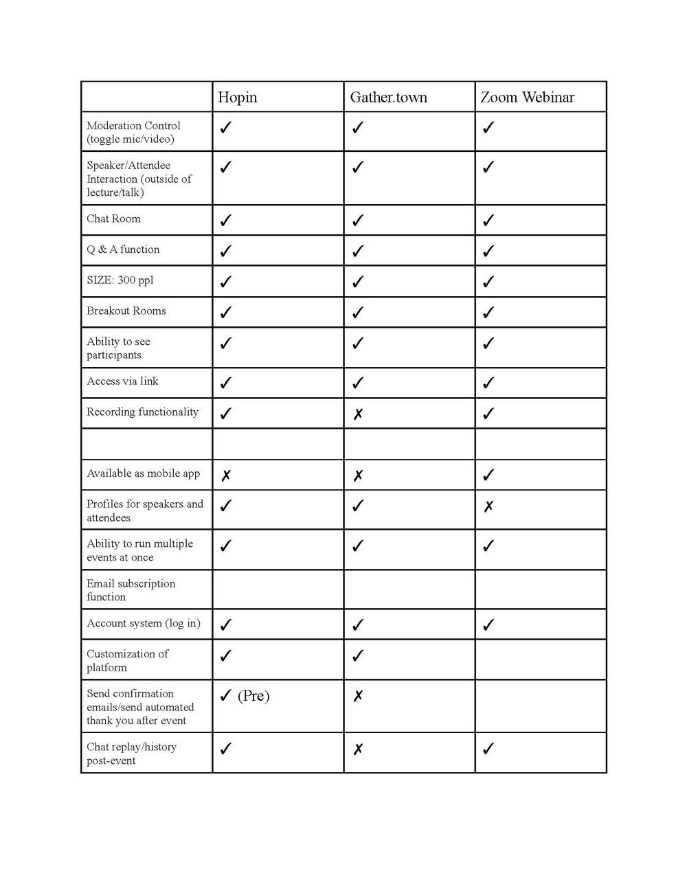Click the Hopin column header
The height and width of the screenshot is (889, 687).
(x=238, y=98)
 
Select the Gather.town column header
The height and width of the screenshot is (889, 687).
(x=388, y=98)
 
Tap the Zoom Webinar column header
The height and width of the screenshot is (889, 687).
(x=527, y=98)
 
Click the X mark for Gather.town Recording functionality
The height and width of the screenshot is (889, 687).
(x=358, y=414)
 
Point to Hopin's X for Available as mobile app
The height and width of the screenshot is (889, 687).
(x=226, y=475)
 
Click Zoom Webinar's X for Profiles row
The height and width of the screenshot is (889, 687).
(x=488, y=507)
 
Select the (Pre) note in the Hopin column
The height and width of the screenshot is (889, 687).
(x=254, y=696)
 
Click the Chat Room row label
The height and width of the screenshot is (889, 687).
(x=113, y=219)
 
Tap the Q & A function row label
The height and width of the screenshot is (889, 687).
(x=123, y=249)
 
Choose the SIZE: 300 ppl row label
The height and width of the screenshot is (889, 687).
(x=120, y=280)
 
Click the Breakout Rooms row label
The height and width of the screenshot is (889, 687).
(x=126, y=311)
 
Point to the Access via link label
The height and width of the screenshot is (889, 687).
(x=122, y=381)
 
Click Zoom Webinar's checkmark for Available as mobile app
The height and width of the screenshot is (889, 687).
(x=488, y=475)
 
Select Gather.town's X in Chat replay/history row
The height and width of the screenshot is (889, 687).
(x=358, y=750)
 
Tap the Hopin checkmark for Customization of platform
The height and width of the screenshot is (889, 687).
(x=225, y=655)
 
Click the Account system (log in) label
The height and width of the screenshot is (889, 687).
(x=144, y=624)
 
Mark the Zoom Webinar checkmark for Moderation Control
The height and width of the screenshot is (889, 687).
(x=488, y=128)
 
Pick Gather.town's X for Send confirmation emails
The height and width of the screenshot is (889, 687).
(x=358, y=697)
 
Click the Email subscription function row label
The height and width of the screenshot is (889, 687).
(x=131, y=590)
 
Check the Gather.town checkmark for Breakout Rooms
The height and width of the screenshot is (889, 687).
(x=357, y=313)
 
